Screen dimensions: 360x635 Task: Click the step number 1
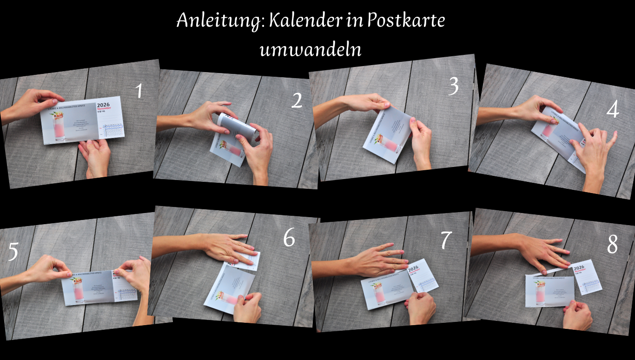tap(139, 91)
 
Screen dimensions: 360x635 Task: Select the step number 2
tap(297, 101)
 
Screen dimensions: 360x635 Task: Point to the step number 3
tap(453, 87)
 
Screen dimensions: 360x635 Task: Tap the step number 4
tap(612, 110)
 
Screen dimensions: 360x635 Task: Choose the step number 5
tap(13, 252)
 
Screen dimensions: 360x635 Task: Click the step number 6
tap(289, 238)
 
